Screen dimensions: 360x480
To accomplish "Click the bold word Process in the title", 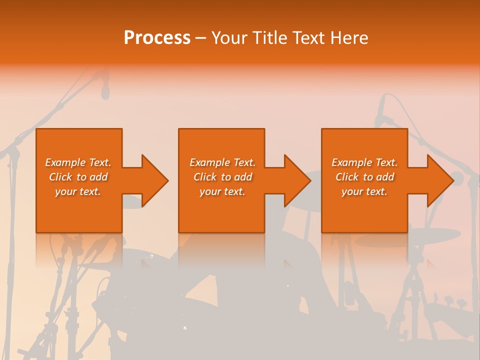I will (157, 38).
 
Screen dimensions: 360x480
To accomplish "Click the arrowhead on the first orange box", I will (153, 180).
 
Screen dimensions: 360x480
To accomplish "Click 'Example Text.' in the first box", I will (78, 162).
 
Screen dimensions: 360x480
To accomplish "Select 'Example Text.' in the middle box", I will (222, 162).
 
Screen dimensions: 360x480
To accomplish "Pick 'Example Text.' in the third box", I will (364, 162).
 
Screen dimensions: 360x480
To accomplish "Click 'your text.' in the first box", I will (78, 191).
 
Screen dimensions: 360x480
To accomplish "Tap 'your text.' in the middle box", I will (222, 191).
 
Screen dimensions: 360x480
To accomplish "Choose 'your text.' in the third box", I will (364, 191).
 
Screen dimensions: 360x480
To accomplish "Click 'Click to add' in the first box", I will (78, 177).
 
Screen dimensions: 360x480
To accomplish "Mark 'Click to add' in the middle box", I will (222, 177).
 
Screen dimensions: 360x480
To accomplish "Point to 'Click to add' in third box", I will (364, 177).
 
